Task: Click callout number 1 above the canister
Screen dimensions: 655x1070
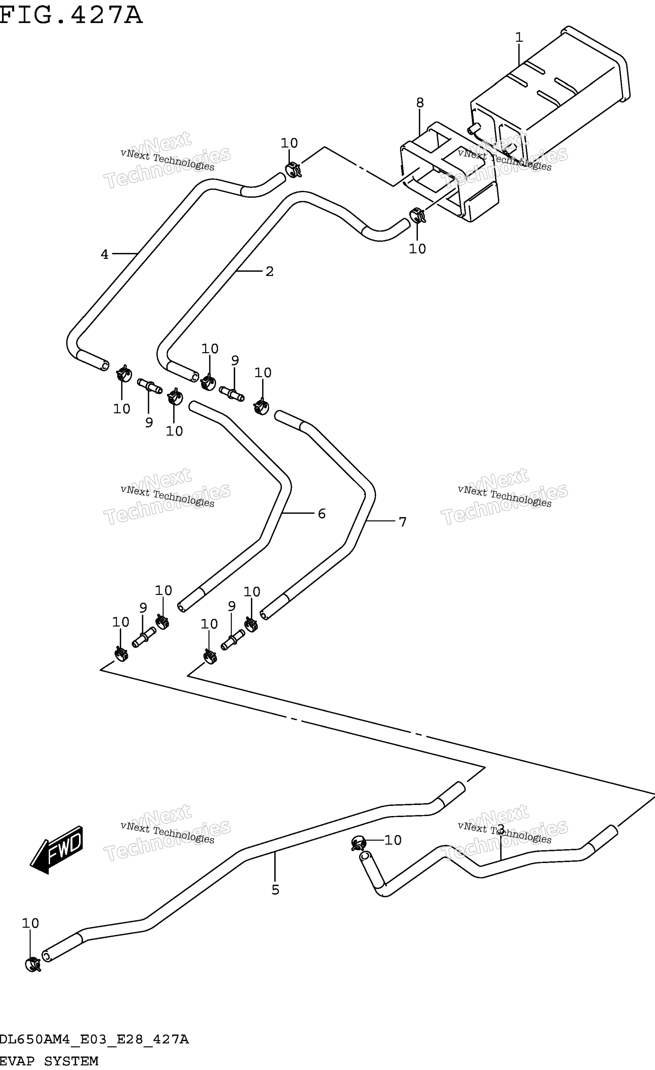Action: coord(519,38)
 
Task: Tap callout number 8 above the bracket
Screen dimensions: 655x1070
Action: coord(420,103)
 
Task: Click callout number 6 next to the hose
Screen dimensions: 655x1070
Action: coord(322,514)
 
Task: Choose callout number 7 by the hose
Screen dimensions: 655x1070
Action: coord(402,522)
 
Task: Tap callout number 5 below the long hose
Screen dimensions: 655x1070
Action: coord(275,890)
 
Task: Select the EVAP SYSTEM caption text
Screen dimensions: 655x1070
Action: coord(49,1061)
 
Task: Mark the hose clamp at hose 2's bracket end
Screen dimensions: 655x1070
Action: coord(418,215)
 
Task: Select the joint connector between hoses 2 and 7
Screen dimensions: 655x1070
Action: coord(231,393)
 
